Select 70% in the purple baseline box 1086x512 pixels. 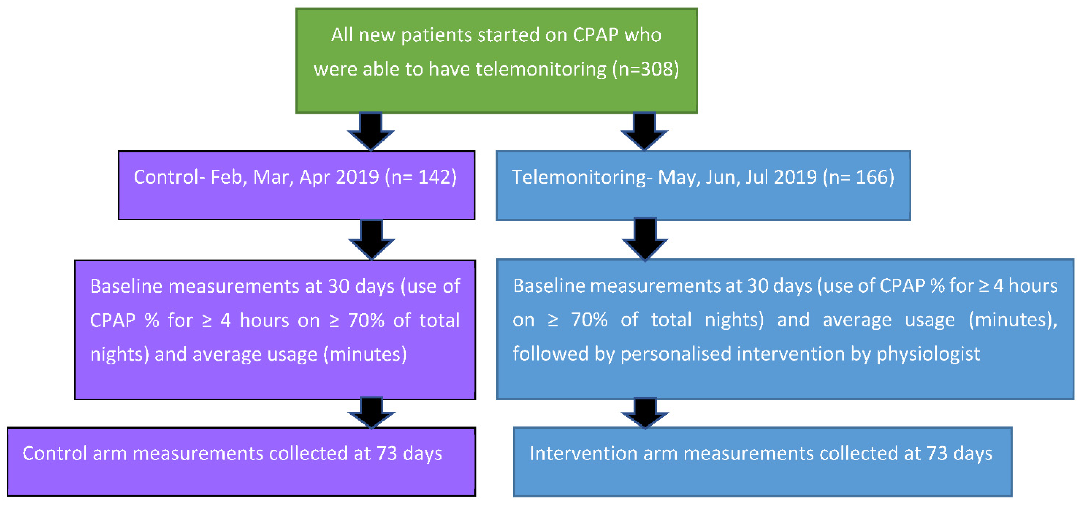pyautogui.click(x=366, y=321)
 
